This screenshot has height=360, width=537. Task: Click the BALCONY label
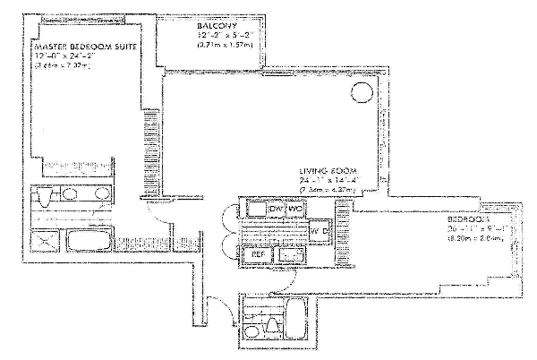(217, 27)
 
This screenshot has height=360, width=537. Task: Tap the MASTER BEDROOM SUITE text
(85, 47)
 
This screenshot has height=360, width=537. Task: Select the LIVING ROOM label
(328, 170)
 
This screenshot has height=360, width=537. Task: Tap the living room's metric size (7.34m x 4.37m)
(328, 190)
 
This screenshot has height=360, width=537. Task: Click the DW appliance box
(277, 209)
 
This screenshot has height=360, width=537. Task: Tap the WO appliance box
(295, 209)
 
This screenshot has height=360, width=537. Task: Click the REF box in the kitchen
(258, 254)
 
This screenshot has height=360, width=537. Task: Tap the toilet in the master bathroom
(45, 195)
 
